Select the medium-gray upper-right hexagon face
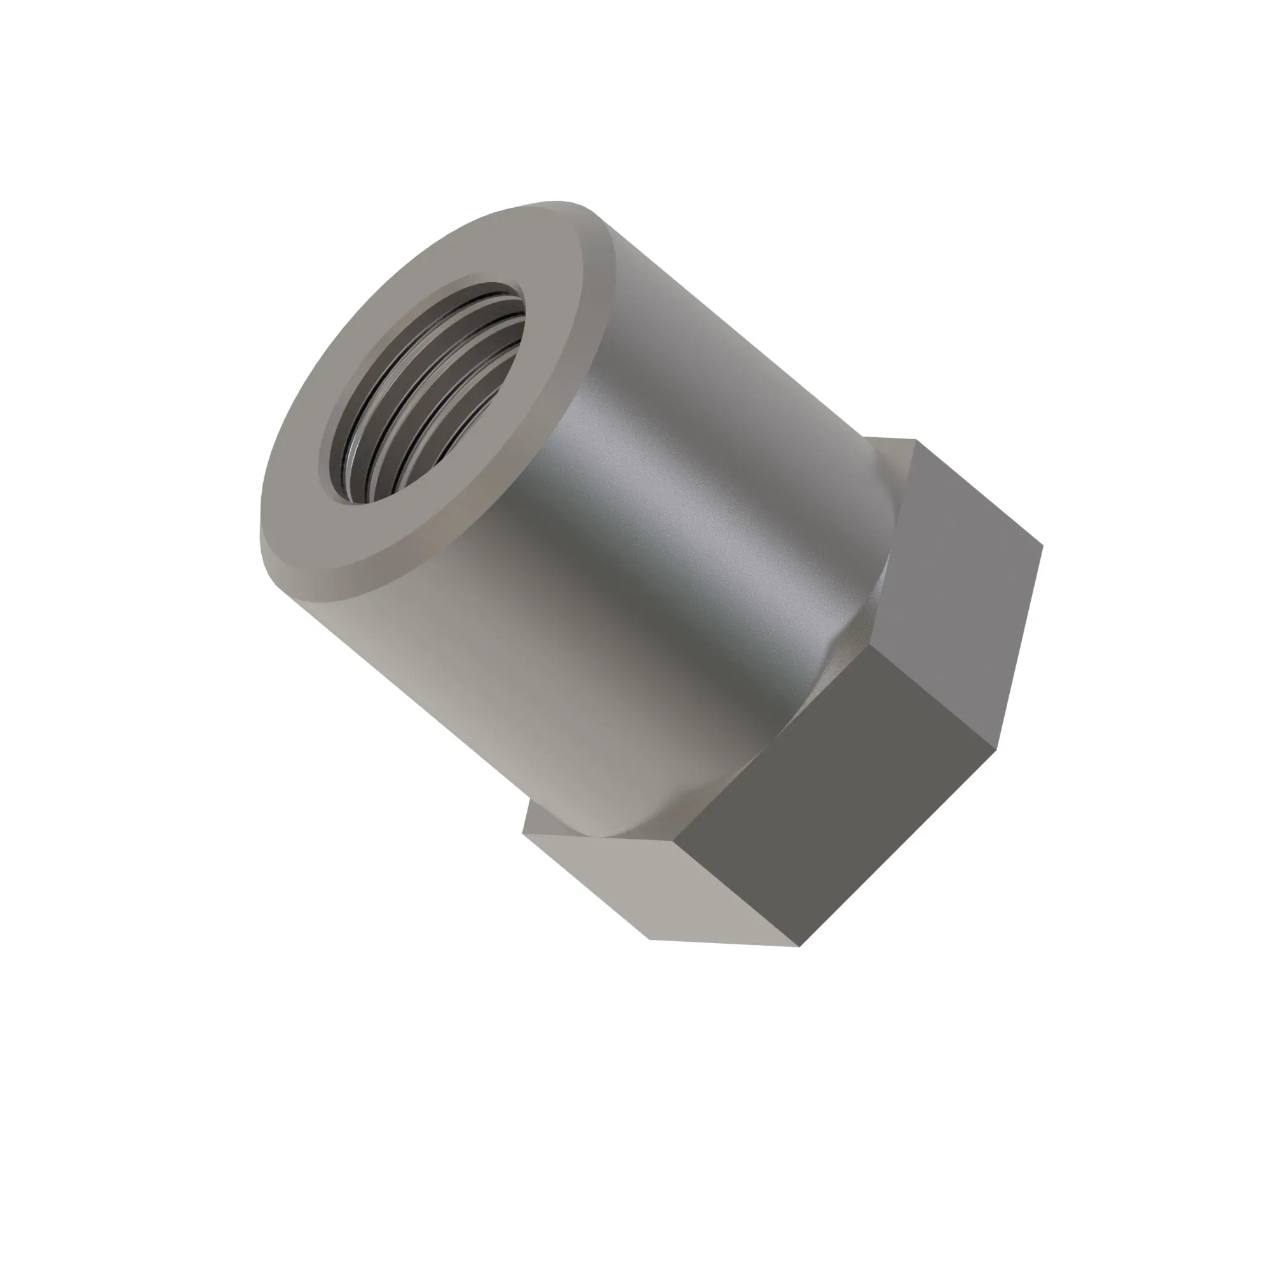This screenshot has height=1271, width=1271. click(967, 592)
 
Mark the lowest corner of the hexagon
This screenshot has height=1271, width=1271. click(800, 947)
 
